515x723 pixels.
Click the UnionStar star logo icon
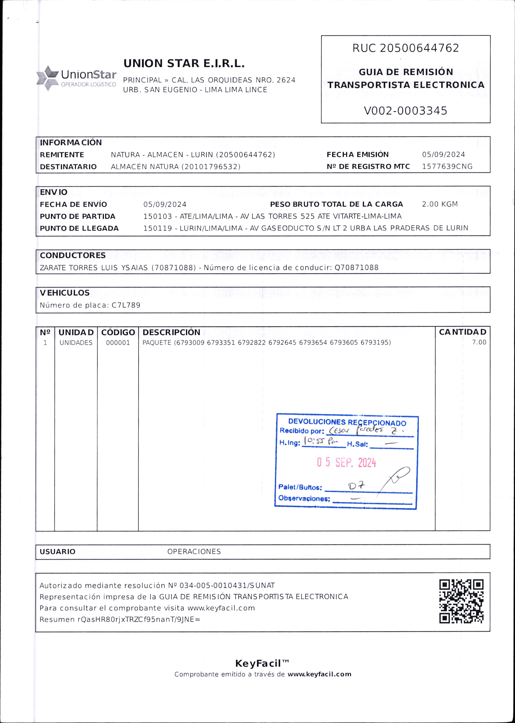[x=48, y=78]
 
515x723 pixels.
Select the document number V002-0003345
[x=405, y=111]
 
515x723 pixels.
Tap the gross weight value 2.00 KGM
[x=440, y=204]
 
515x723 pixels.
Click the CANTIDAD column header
[x=462, y=332]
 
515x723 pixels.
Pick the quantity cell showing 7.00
[x=479, y=342]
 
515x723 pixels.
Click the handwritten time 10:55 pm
[x=321, y=441]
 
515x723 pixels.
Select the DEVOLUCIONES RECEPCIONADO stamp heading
[x=347, y=422]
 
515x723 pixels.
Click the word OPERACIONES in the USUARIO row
[x=194, y=551]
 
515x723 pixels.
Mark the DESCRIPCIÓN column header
[x=171, y=332]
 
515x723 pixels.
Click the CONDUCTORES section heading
[x=73, y=255]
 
